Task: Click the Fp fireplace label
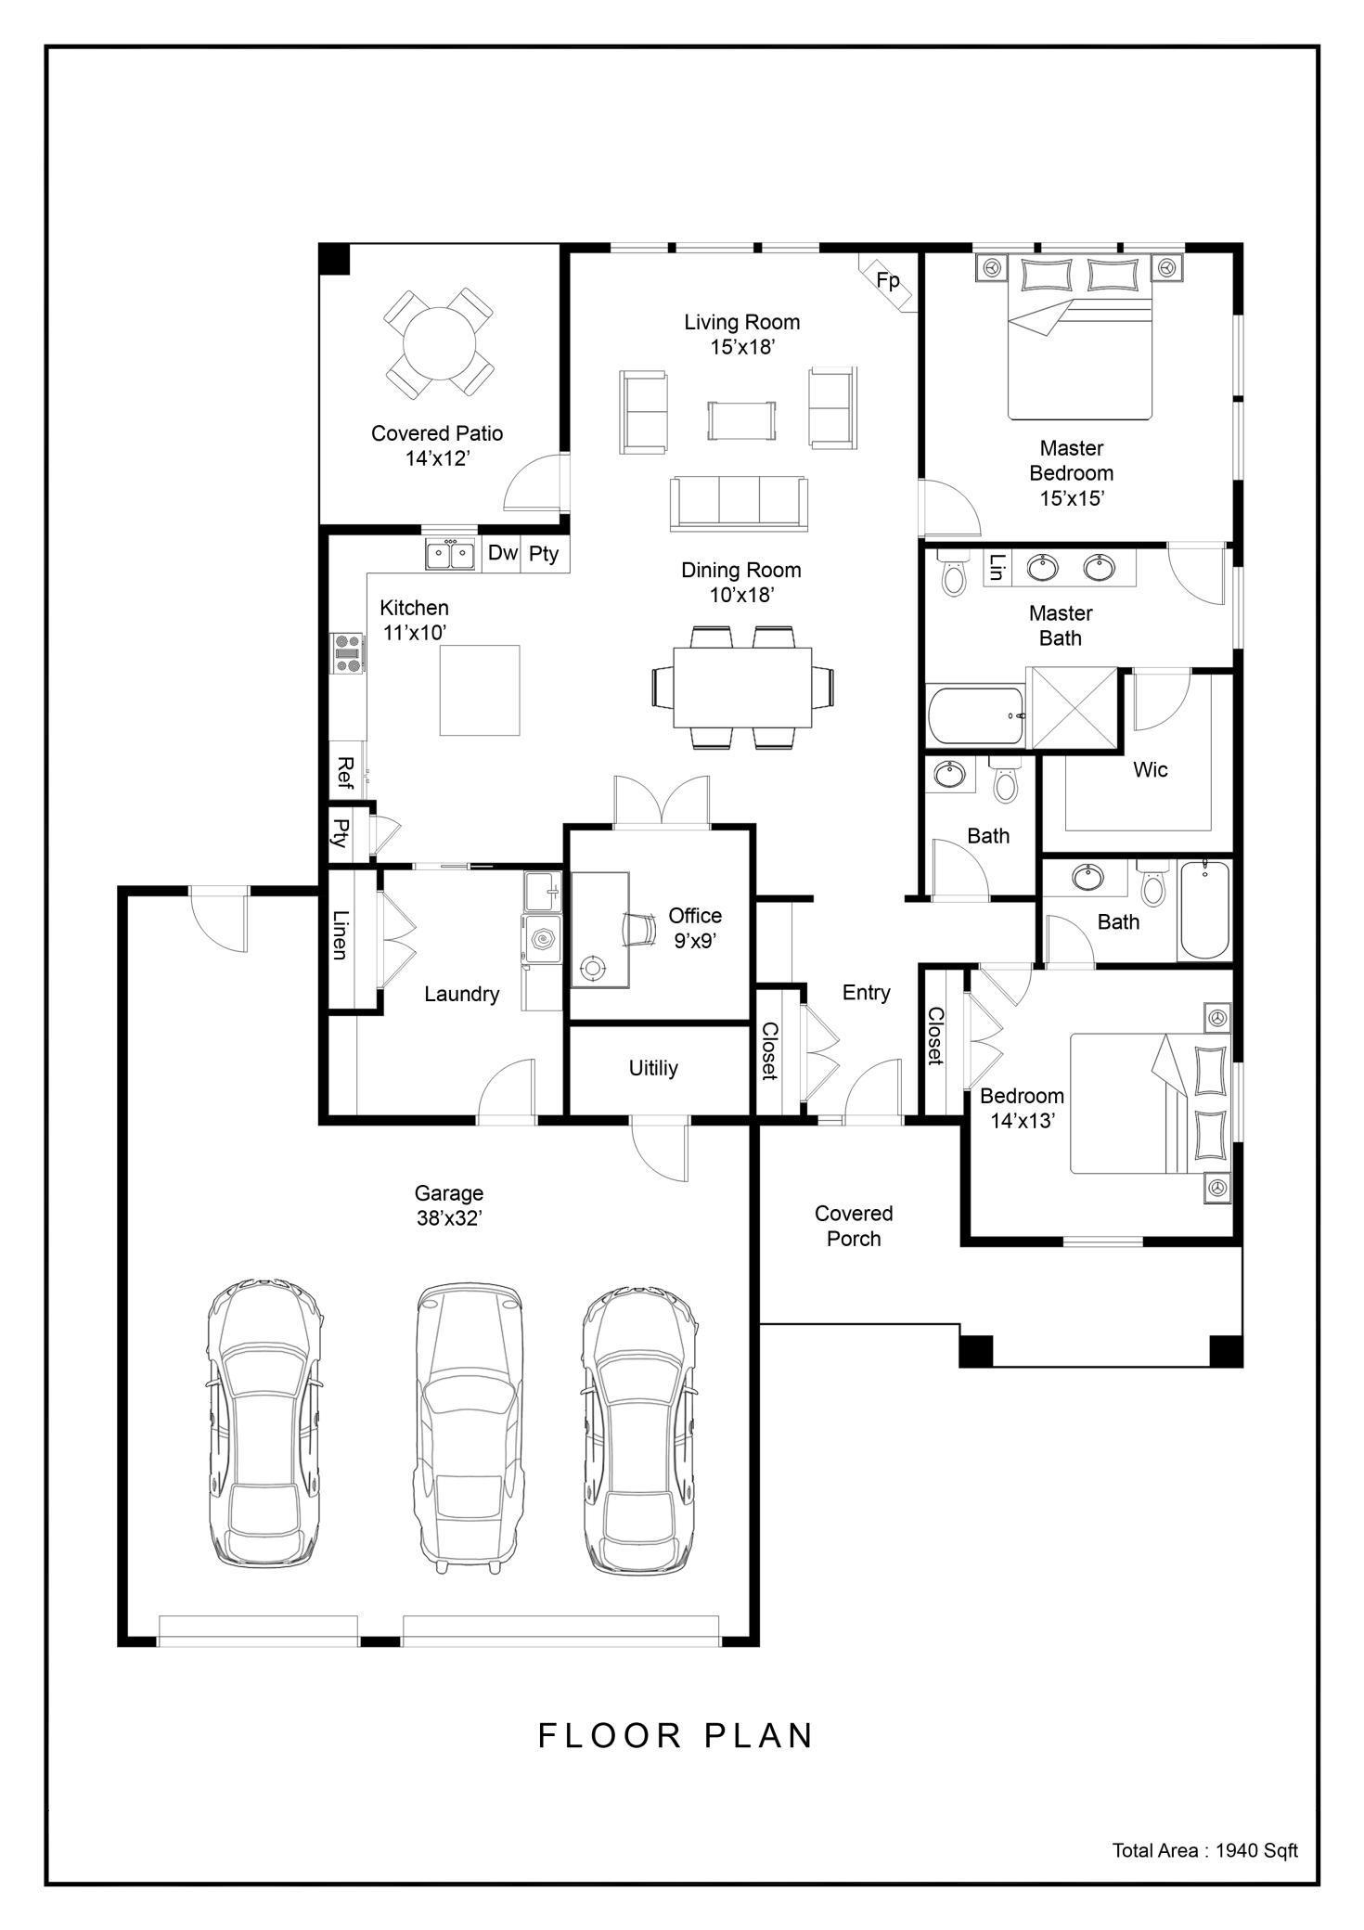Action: point(888,280)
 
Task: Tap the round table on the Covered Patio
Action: point(439,342)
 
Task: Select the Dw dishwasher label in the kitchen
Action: point(502,553)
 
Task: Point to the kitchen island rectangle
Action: point(479,690)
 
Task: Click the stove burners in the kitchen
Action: point(349,652)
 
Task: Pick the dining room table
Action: point(742,688)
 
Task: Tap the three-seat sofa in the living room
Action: point(740,503)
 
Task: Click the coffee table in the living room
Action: point(741,420)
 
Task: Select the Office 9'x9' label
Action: point(695,928)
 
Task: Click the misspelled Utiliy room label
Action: point(653,1068)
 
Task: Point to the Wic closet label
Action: point(1150,769)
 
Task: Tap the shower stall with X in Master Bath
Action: point(1074,707)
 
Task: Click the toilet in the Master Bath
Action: point(953,573)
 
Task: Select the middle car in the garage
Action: point(468,1428)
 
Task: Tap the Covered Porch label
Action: point(854,1226)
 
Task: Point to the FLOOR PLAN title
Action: point(676,1735)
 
